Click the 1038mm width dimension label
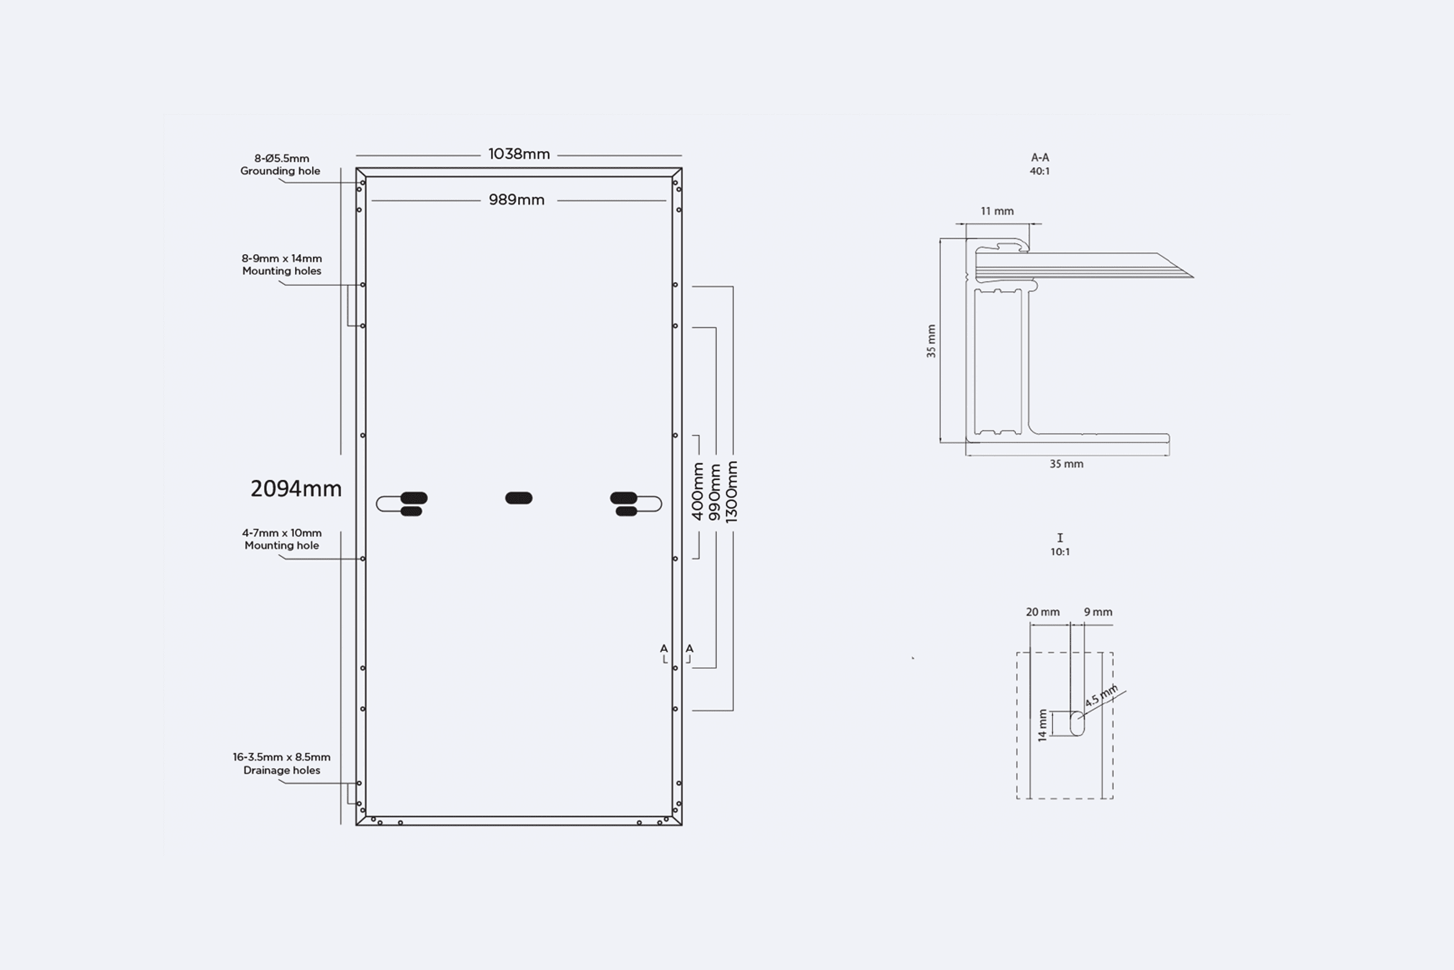coord(519,154)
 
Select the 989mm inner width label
coord(516,200)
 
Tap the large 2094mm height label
coord(296,489)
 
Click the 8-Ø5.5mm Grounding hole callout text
coord(281,164)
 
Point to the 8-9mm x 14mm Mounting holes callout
coord(282,265)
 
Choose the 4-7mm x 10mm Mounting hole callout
coord(282,539)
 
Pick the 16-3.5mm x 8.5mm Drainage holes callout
coord(282,763)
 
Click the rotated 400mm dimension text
coord(697,491)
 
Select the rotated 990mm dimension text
coord(715,492)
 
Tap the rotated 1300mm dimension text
coord(731,492)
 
